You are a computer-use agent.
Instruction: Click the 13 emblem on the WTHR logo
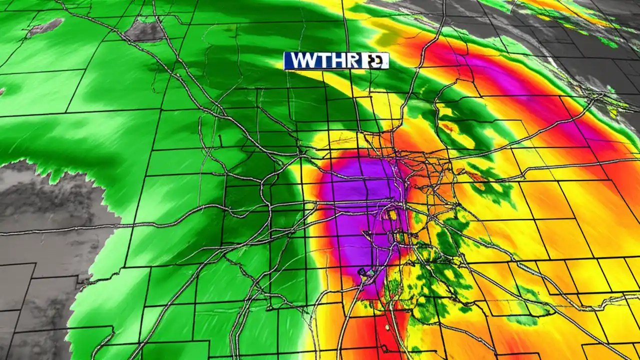click(x=375, y=61)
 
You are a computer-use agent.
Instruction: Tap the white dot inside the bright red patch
click(x=387, y=327)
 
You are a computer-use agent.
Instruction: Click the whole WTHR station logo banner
click(x=336, y=60)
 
